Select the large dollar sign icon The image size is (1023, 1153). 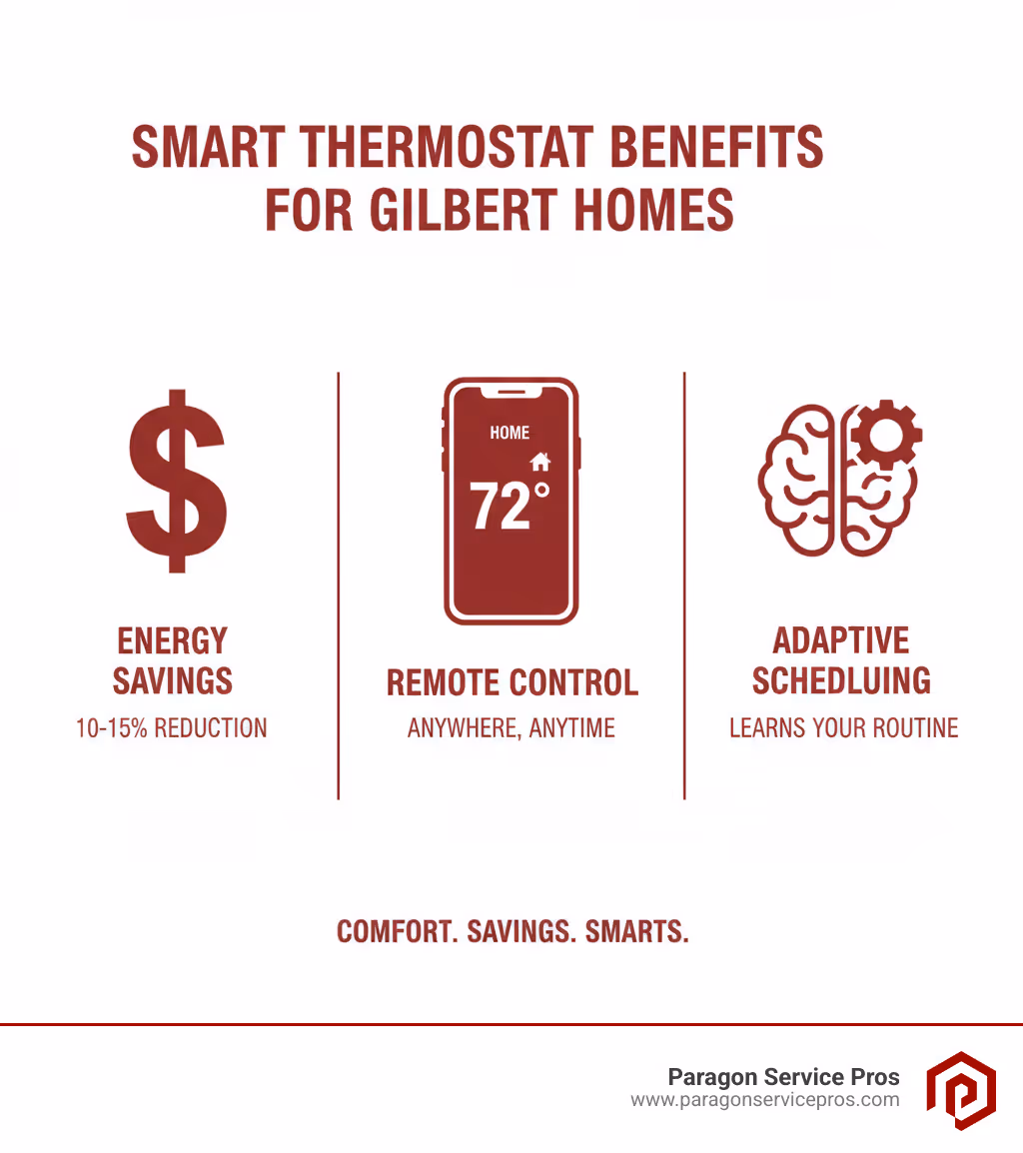point(177,482)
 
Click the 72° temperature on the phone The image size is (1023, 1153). point(509,506)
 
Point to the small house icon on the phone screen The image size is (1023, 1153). point(540,461)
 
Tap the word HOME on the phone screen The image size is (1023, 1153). point(510,433)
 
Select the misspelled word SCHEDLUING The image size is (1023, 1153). point(841,681)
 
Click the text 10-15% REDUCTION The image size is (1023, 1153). point(172,728)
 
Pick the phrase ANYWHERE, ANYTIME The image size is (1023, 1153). point(511,728)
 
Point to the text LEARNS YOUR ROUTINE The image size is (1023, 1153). point(843,728)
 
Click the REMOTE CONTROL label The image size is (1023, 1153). point(511,683)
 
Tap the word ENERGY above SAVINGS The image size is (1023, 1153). point(173,640)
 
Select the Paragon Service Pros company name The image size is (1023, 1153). point(783,1077)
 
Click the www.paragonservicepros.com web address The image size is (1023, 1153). point(764,1100)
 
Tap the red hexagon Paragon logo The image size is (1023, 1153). point(960,1090)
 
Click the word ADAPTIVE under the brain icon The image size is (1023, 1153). point(841,640)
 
